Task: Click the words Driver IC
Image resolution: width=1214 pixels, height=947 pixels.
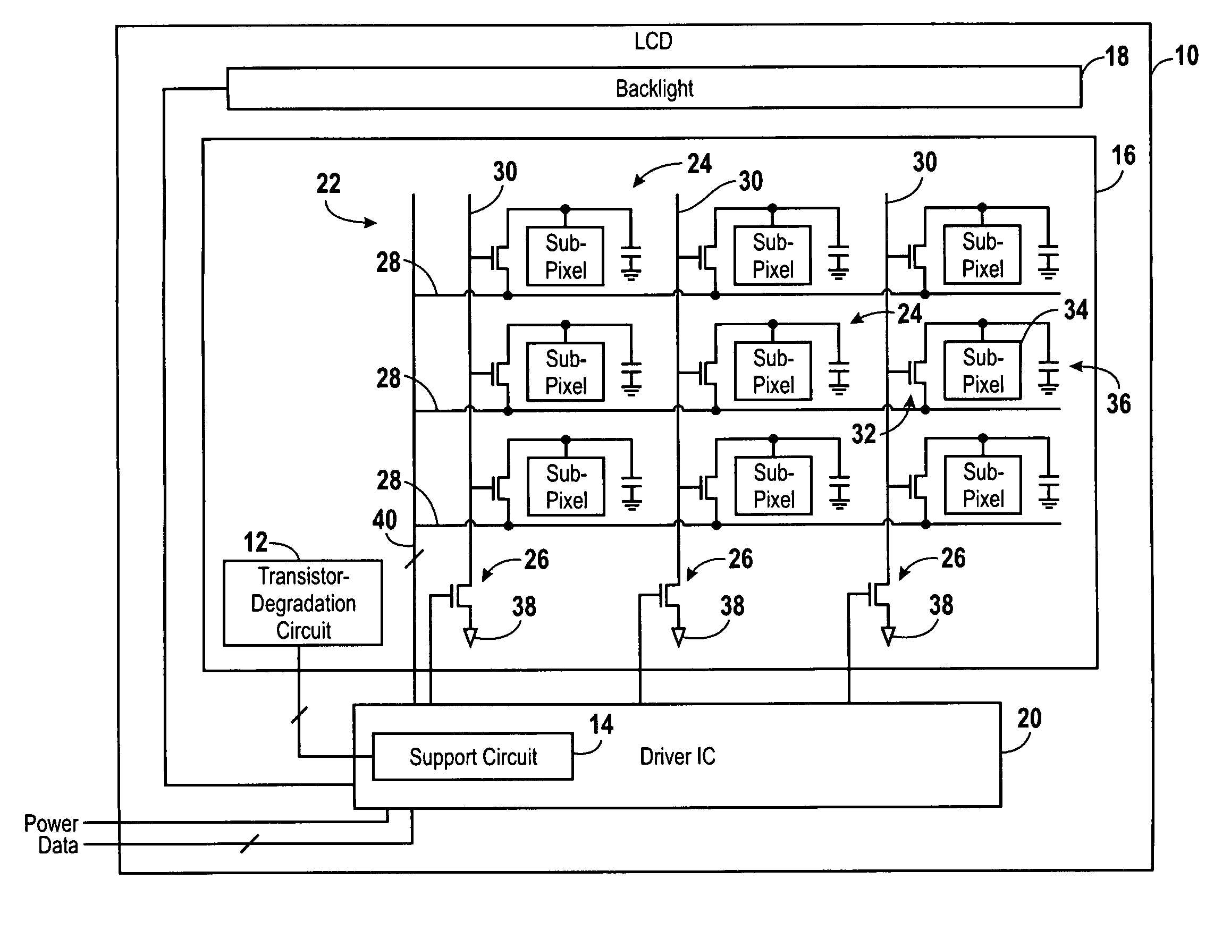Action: click(678, 756)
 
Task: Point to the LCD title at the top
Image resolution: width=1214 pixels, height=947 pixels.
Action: click(654, 41)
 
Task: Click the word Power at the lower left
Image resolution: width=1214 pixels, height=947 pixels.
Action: click(51, 823)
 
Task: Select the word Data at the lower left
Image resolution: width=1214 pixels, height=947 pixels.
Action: click(58, 845)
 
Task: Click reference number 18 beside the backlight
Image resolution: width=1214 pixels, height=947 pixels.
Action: click(1116, 57)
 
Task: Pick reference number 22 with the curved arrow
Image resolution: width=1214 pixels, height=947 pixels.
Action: click(328, 183)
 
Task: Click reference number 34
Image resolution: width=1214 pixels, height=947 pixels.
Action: click(1076, 309)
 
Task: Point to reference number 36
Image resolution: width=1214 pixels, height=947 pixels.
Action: click(1118, 403)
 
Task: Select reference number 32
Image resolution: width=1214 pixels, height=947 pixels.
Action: click(863, 434)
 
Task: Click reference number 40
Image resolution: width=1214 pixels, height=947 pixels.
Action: click(385, 520)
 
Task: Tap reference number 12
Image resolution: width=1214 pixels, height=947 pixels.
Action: click(256, 542)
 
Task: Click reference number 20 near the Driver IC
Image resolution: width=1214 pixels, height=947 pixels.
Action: click(1029, 718)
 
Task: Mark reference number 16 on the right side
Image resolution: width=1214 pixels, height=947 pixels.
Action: click(1124, 156)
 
